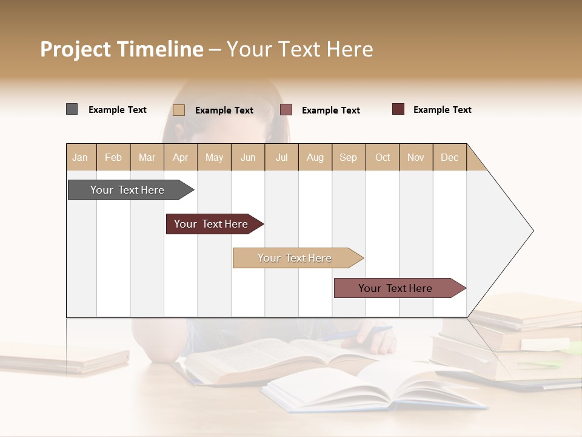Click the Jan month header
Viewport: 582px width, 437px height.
(80, 157)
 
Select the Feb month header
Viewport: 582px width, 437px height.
(113, 157)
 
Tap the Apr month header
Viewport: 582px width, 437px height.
(181, 157)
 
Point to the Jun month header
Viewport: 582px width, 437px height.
(248, 157)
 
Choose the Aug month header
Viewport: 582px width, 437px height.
(315, 157)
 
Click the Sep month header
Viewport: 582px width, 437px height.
(349, 157)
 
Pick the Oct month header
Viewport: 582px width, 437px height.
(383, 157)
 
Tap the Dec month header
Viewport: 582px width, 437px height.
(450, 157)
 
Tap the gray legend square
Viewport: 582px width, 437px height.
(72, 109)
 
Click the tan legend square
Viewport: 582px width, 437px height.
(179, 110)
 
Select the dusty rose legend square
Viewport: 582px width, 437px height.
(286, 110)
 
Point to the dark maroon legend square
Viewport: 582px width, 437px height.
(398, 109)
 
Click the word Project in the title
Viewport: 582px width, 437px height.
(75, 50)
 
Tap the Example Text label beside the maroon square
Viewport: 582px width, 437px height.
(442, 109)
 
